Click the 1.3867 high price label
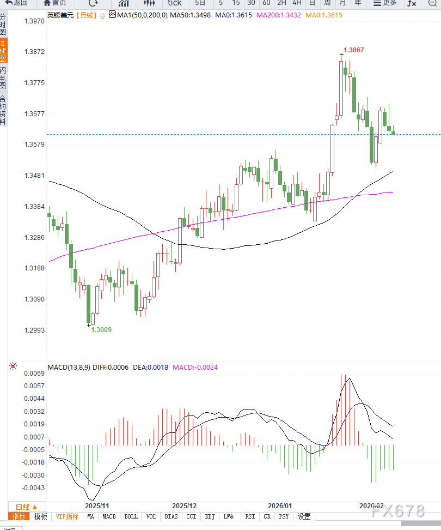coord(354,50)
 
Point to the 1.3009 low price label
coord(101,330)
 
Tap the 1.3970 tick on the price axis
coord(34,21)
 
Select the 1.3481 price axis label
coord(34,176)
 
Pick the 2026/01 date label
coord(280,505)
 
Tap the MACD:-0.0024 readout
coord(195,367)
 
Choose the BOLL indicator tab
coord(131,516)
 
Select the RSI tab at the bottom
coord(250,516)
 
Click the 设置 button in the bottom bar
coord(304,516)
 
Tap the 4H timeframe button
coord(297,3)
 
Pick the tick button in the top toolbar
coord(174,3)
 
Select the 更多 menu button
coord(385,3)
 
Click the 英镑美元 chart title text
coord(60,15)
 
